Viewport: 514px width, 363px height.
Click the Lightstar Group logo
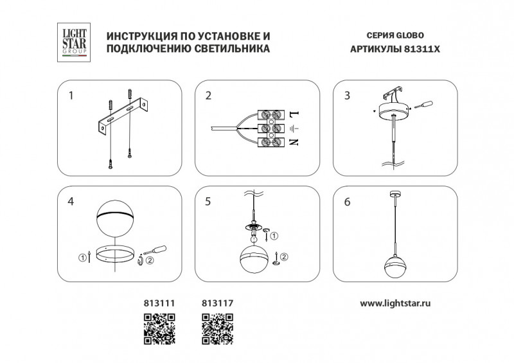pyautogui.click(x=74, y=42)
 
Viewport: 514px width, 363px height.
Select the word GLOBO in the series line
pyautogui.click(x=410, y=35)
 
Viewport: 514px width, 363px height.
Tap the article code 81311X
pyautogui.click(x=421, y=49)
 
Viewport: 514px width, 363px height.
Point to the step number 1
pyautogui.click(x=71, y=96)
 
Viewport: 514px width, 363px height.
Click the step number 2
pyautogui.click(x=208, y=96)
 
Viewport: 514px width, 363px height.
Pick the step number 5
pyautogui.click(x=208, y=201)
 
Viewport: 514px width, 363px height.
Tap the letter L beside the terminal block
pyautogui.click(x=294, y=114)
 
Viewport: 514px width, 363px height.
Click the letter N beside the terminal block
pyautogui.click(x=294, y=142)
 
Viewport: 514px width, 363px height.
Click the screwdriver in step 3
pyautogui.click(x=423, y=105)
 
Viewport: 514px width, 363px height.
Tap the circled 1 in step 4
pyautogui.click(x=82, y=258)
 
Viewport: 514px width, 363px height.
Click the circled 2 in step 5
pyautogui.click(x=284, y=257)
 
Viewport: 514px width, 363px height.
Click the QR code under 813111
pyautogui.click(x=159, y=329)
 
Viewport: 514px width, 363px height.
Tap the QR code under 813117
pyautogui.click(x=217, y=329)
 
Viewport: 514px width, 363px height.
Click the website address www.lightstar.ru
pyautogui.click(x=395, y=303)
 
